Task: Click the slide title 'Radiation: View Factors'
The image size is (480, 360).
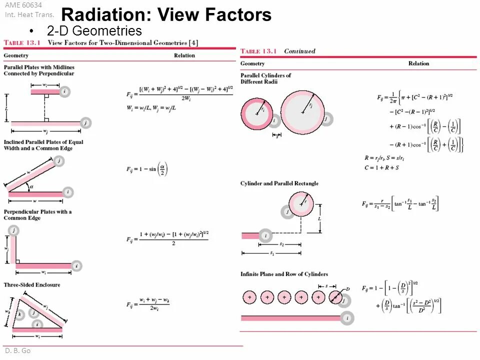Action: (x=166, y=15)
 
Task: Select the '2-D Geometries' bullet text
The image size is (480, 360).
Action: (x=94, y=31)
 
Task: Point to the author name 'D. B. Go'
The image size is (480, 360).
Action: (x=18, y=350)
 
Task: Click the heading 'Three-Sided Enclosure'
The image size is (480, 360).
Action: (x=32, y=285)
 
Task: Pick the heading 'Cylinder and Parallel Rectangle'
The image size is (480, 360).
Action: (x=279, y=183)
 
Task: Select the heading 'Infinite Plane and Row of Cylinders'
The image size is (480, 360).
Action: (x=284, y=274)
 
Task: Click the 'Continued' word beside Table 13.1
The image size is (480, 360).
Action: (x=299, y=51)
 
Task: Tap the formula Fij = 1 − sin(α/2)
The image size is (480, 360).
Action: (x=147, y=169)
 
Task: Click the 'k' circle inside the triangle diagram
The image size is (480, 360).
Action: (x=19, y=314)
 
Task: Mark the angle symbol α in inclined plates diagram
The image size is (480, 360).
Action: (x=31, y=186)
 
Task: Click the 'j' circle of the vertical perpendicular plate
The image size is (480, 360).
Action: (x=14, y=230)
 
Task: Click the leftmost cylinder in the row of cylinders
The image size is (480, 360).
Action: (x=249, y=297)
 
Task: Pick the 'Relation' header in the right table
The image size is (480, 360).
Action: (x=418, y=63)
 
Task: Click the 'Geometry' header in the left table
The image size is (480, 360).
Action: (x=16, y=55)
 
